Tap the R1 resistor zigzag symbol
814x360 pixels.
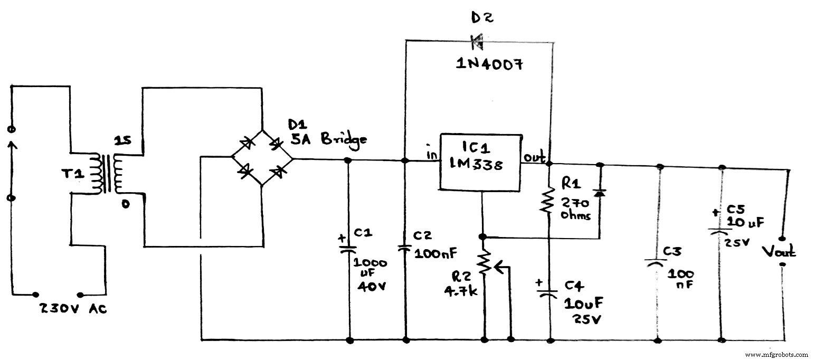(x=550, y=200)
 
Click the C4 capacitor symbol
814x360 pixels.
(x=550, y=293)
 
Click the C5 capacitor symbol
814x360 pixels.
(x=721, y=230)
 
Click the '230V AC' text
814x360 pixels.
(x=73, y=309)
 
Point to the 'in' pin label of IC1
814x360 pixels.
(x=431, y=154)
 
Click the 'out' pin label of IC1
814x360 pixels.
(x=533, y=157)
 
